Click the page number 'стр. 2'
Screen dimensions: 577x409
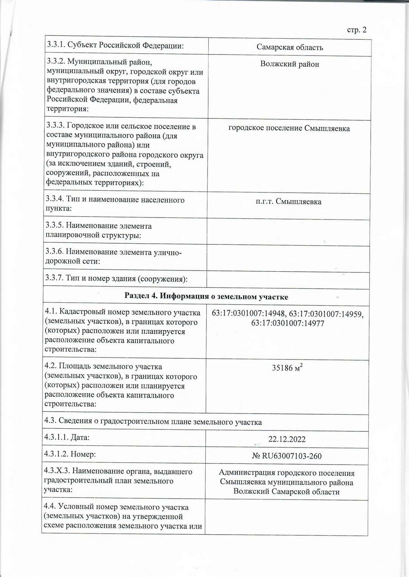click(x=356, y=30)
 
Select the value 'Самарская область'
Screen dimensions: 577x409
click(x=290, y=47)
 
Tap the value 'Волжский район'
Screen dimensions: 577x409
click(x=290, y=64)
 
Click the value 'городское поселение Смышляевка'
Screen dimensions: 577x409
click(x=289, y=128)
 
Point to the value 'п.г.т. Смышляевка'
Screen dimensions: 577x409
click(x=289, y=202)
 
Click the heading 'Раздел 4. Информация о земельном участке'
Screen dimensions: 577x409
click(x=206, y=297)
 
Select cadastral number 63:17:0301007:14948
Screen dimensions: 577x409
click(x=248, y=314)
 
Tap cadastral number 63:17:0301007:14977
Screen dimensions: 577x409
click(x=288, y=323)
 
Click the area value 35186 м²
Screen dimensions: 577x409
click(x=287, y=368)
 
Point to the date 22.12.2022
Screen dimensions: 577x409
click(x=287, y=439)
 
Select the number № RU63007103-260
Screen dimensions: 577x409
click(x=287, y=456)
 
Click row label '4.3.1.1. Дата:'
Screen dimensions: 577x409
click(x=67, y=437)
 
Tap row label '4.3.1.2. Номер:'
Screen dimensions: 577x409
click(x=70, y=454)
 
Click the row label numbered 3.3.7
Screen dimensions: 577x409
click(x=117, y=278)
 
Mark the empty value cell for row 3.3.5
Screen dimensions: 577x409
click(x=288, y=232)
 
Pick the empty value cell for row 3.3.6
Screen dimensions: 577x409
click(x=288, y=258)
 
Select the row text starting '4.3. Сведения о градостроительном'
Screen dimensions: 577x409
click(x=153, y=422)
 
